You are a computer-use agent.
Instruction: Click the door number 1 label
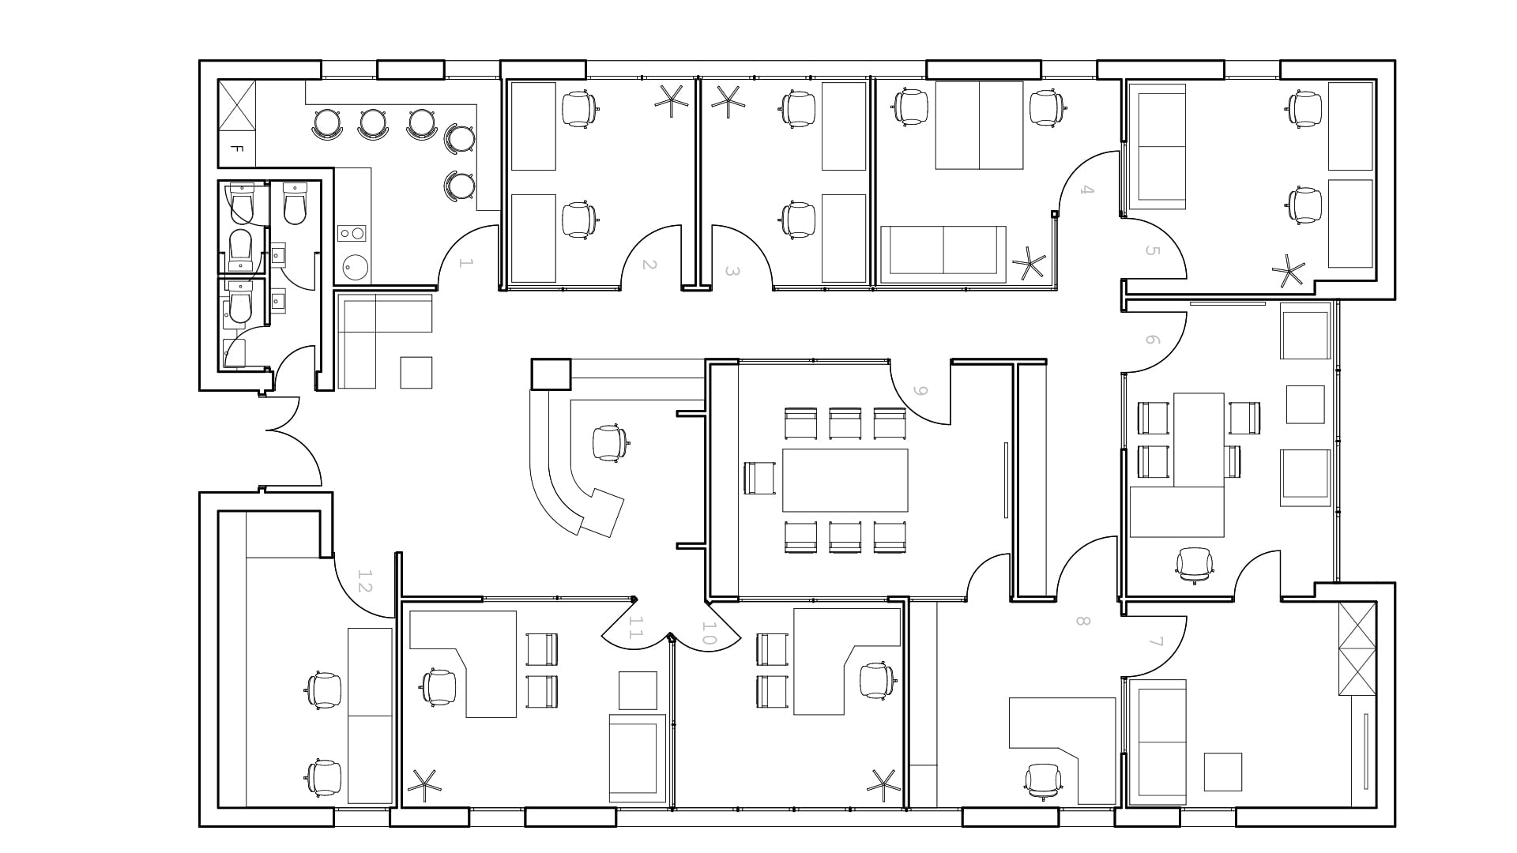tap(465, 263)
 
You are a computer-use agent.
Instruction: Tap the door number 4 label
tap(1087, 190)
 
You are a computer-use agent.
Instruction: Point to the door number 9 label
tap(919, 391)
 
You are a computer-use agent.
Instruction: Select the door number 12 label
tap(364, 582)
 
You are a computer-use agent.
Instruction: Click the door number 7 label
tap(1156, 641)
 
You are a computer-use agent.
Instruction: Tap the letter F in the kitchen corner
tap(236, 148)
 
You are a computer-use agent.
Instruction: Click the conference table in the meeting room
tap(845, 480)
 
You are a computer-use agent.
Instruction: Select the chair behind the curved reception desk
tap(611, 442)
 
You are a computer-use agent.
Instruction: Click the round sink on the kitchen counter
tap(356, 268)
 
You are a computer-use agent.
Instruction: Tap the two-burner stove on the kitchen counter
tap(351, 233)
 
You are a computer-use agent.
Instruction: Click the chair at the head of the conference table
tap(759, 479)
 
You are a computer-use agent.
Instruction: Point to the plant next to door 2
tap(672, 100)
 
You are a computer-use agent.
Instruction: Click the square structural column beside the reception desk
tap(551, 374)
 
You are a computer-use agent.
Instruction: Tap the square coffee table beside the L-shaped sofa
tap(416, 373)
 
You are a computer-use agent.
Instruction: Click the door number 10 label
tap(709, 633)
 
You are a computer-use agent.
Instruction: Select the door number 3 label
tap(732, 272)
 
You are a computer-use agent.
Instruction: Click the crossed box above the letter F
tap(236, 104)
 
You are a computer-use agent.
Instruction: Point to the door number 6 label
tap(1151, 340)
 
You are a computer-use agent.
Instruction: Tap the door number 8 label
tap(1082, 621)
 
